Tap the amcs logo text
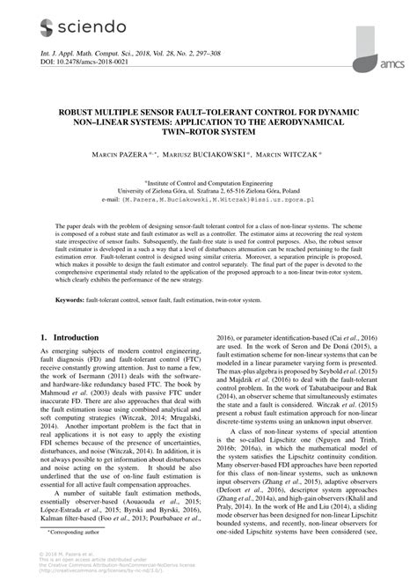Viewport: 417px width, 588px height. [x=391, y=63]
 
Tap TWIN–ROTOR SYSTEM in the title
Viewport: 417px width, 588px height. [x=208, y=133]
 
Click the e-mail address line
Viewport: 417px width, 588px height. [x=208, y=200]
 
